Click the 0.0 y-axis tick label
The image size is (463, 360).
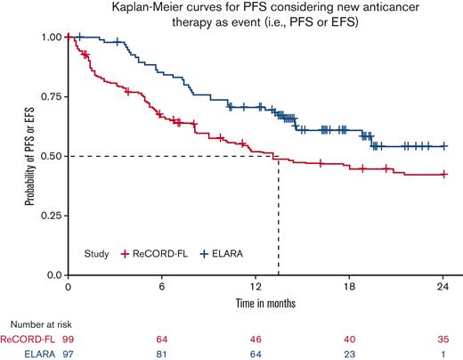tap(54, 275)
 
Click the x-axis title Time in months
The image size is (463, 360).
tap(258, 303)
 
